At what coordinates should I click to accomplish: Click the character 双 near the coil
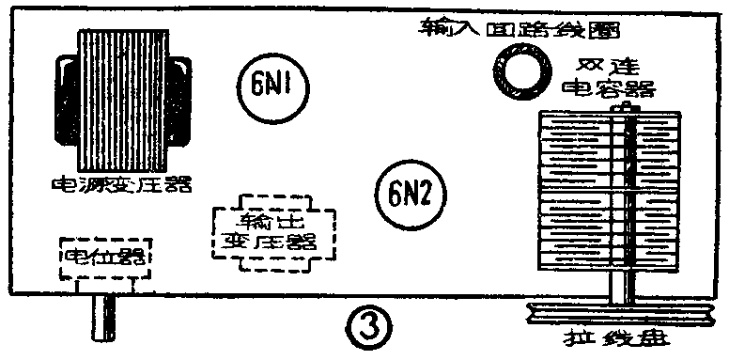pyautogui.click(x=593, y=66)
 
